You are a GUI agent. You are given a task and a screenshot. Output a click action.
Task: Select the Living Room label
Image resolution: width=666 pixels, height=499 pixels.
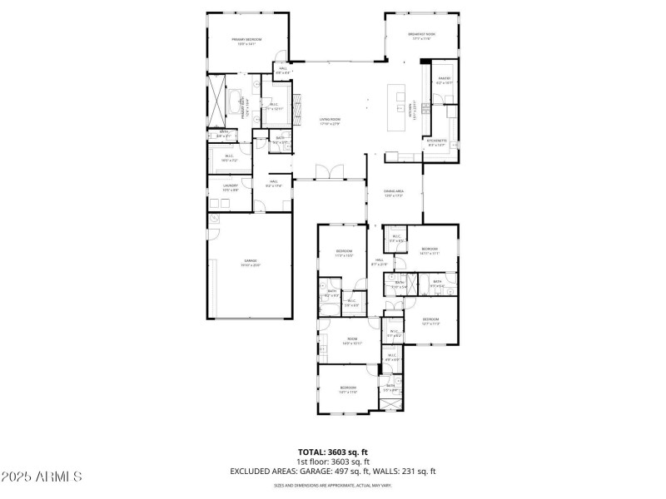tap(331, 121)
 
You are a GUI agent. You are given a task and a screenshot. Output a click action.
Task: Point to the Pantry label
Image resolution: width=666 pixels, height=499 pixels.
tap(444, 81)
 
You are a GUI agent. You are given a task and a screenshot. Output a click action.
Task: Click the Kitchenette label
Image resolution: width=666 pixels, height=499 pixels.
tap(437, 142)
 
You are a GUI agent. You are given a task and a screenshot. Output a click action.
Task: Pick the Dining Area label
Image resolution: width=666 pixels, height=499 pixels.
tap(394, 193)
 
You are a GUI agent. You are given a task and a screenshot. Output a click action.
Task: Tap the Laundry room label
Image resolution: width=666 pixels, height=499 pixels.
tap(231, 188)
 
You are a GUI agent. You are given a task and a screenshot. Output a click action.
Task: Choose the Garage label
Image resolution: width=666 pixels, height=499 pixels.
tap(250, 262)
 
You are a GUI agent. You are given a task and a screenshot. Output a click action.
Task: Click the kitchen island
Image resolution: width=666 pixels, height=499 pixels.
tap(395, 109)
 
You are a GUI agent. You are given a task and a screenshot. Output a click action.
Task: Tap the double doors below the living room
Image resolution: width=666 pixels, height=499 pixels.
tap(331, 172)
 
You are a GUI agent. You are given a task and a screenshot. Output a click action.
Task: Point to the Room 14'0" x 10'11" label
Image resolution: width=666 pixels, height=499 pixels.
tap(351, 341)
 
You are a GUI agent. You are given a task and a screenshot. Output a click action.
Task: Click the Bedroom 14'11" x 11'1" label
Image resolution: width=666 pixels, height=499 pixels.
tap(430, 251)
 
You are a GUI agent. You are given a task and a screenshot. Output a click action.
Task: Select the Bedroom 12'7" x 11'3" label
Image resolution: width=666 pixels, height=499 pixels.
tap(430, 321)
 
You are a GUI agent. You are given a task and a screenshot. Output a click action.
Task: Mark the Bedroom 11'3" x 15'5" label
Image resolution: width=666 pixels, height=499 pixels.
tap(345, 253)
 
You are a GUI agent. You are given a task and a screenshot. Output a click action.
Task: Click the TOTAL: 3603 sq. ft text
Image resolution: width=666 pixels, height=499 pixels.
tap(333, 452)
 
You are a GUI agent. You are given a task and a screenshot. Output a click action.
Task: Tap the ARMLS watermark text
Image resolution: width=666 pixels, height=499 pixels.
tap(42, 477)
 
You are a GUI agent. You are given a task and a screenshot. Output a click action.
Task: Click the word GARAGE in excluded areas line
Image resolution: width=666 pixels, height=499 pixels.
tap(308, 471)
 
